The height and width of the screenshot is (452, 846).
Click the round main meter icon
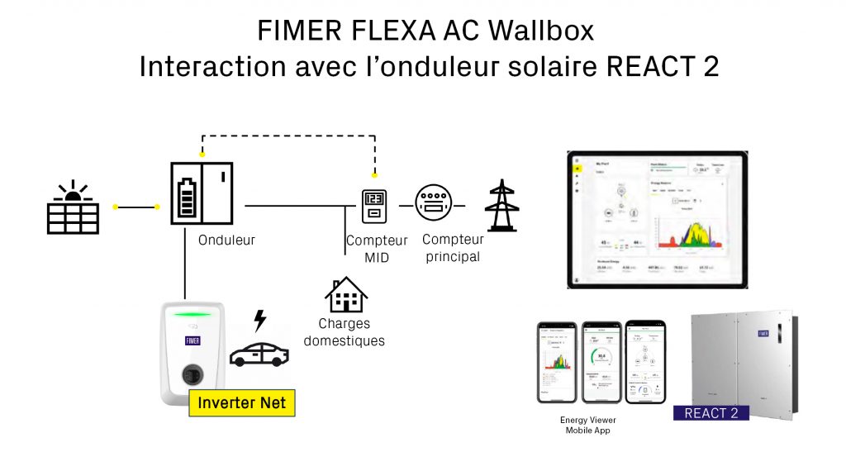(434, 203)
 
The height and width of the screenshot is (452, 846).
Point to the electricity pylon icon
(501, 205)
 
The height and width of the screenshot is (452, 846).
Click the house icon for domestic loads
(345, 295)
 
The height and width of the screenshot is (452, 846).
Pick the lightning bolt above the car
(260, 320)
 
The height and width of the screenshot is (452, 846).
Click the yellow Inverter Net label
(242, 403)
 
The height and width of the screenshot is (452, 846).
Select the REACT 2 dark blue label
(711, 412)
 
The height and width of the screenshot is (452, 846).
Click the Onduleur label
(226, 240)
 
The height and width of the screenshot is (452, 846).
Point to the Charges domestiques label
(344, 332)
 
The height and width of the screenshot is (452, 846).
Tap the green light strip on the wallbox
(195, 315)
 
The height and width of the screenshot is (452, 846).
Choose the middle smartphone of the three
(601, 361)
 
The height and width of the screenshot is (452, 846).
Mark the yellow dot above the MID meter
(374, 175)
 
